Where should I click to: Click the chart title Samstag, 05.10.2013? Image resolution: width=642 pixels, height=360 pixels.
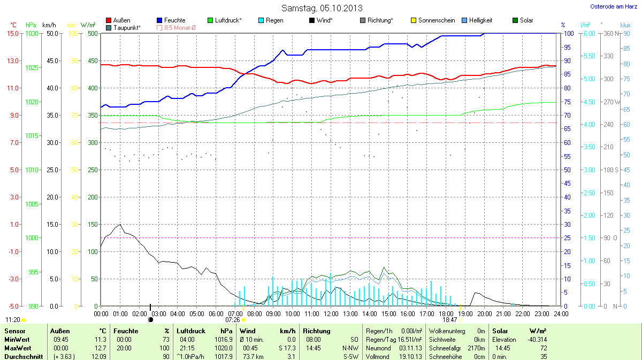(322, 8)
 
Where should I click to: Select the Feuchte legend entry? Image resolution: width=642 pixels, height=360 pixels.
(174, 20)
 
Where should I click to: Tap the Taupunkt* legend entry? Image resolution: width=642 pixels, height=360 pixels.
(127, 27)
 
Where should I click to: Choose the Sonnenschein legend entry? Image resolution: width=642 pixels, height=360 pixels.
(437, 20)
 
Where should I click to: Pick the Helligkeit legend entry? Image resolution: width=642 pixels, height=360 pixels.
(480, 20)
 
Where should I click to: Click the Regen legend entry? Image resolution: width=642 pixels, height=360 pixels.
(274, 20)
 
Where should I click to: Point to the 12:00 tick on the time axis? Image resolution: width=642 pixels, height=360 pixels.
(331, 313)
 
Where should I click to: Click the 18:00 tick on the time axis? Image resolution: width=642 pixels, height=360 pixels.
(446, 313)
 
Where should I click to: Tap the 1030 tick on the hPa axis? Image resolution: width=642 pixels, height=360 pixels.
(32, 33)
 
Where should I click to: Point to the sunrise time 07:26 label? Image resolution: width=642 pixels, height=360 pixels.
(233, 319)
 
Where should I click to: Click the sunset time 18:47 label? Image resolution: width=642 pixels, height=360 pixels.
(449, 319)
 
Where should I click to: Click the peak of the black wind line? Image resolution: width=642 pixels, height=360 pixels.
(120, 225)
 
